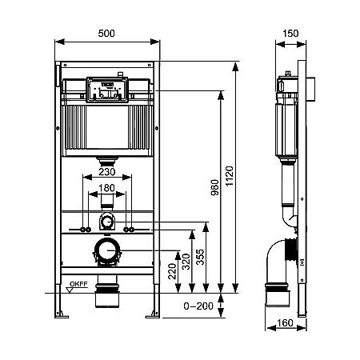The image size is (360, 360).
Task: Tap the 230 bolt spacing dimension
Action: click(x=106, y=170)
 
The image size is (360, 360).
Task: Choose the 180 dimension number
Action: click(x=106, y=190)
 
